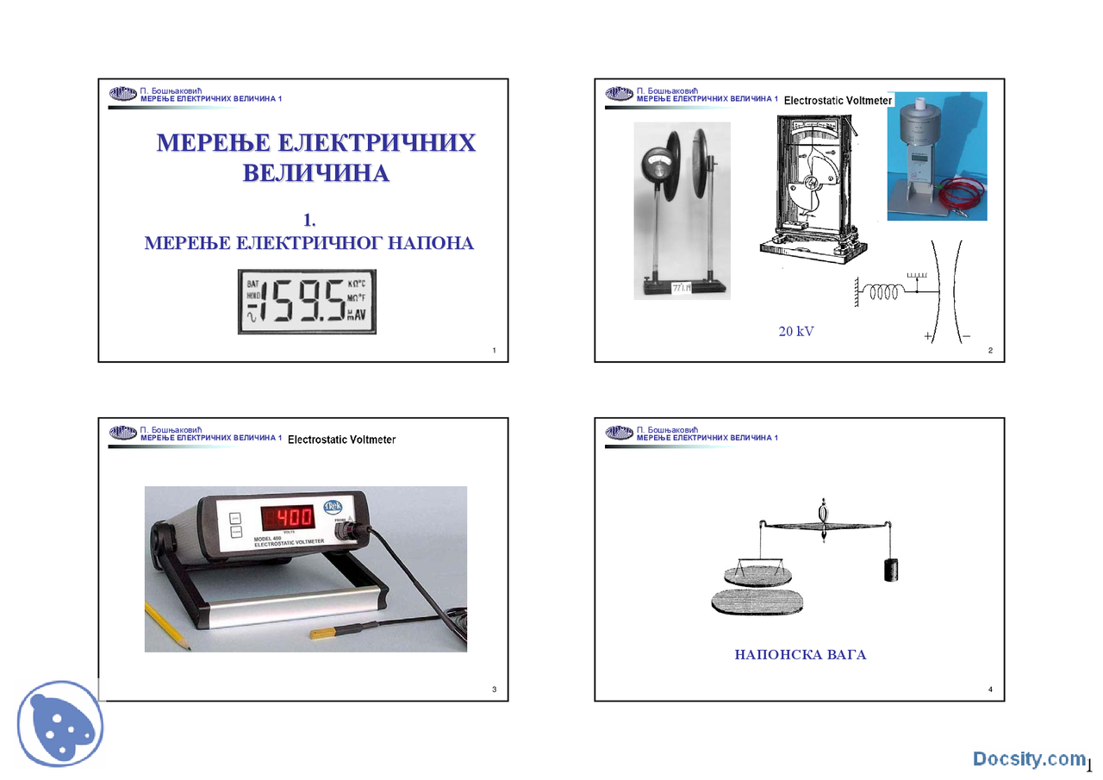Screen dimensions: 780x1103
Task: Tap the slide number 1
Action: pos(494,350)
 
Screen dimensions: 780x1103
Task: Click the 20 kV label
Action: pos(795,331)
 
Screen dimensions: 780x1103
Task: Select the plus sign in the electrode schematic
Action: pos(928,337)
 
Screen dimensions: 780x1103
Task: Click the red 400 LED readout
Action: pos(287,517)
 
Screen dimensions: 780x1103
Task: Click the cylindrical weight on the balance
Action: pos(890,570)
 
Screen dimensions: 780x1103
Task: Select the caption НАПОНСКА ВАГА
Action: pos(800,655)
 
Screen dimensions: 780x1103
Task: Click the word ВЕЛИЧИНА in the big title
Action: pos(315,173)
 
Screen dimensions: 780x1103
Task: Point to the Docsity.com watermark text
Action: pos(1029,758)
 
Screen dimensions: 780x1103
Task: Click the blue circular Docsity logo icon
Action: pos(59,725)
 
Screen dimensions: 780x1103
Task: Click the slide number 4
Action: pos(991,690)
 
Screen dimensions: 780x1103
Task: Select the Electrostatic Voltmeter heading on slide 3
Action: pos(341,440)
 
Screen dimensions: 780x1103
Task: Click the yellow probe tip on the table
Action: pos(322,633)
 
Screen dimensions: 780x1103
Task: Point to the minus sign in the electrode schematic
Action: pos(966,337)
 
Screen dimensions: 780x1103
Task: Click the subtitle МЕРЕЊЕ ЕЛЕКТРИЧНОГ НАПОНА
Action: pos(308,243)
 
